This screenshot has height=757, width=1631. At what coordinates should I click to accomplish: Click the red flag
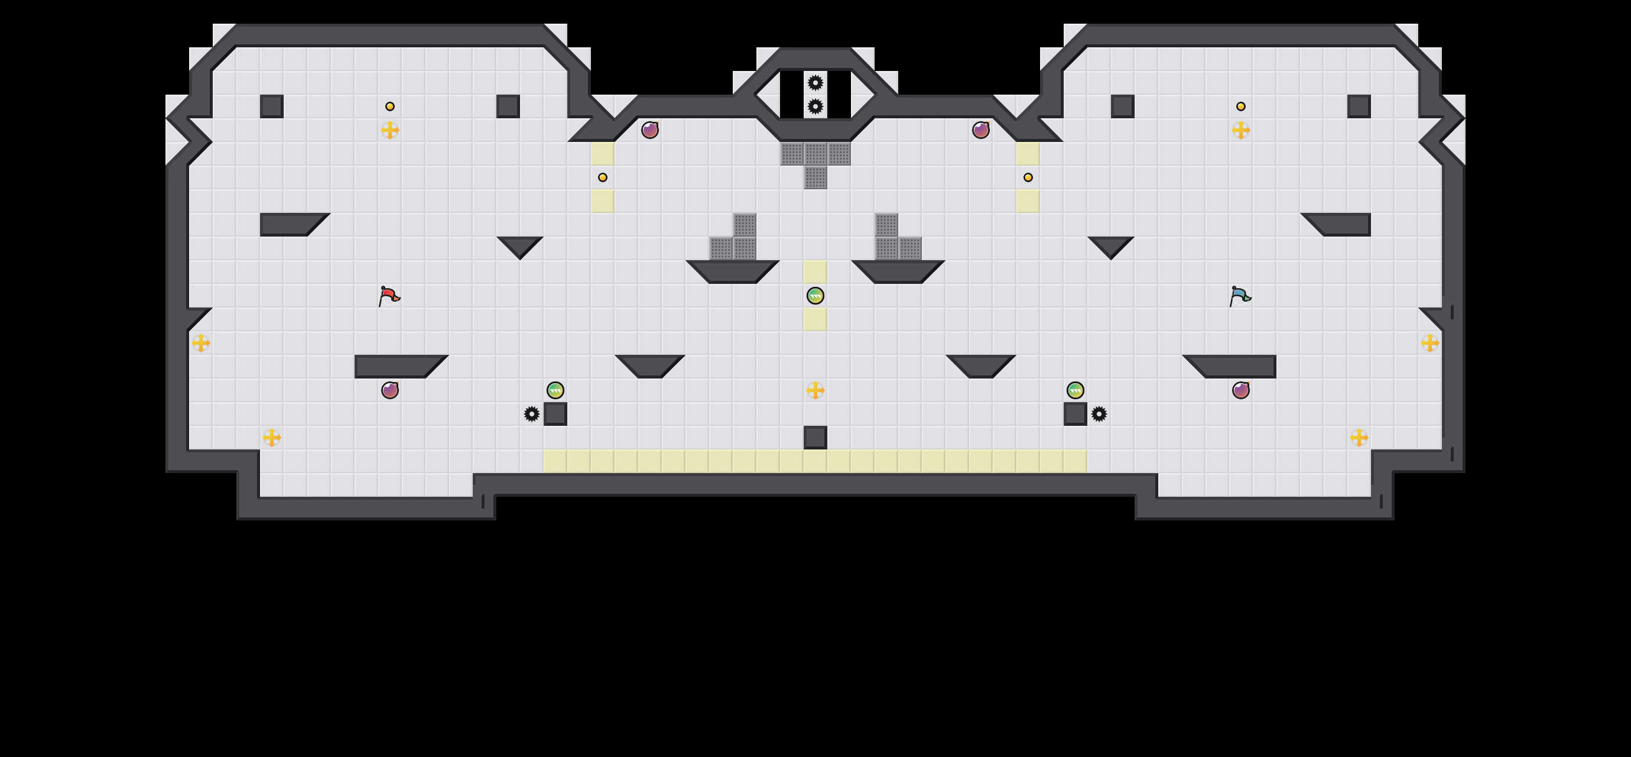389,296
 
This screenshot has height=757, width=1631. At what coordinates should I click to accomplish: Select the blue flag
1240,296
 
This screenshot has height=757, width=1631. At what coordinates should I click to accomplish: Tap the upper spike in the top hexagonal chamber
816,82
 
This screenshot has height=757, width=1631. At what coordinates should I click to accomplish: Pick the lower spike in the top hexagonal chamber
816,106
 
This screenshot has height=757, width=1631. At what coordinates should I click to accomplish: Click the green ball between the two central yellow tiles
816,296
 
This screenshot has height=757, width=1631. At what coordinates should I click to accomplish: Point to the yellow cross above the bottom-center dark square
816,390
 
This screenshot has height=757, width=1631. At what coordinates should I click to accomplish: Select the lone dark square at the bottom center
816,437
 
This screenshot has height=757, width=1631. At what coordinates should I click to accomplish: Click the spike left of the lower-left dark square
532,413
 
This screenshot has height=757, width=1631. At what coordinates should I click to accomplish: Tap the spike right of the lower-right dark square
1099,413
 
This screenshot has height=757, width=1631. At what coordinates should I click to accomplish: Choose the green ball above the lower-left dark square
555,390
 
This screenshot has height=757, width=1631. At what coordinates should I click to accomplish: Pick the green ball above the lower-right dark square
1075,390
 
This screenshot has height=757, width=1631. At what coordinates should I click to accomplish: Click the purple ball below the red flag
390,390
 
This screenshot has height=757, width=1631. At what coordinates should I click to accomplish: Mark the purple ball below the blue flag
1241,390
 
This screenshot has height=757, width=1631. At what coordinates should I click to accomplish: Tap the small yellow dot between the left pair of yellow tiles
603,177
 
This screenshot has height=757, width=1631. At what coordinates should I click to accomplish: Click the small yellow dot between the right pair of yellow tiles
1028,177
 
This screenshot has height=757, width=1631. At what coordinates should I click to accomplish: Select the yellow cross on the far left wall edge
201,342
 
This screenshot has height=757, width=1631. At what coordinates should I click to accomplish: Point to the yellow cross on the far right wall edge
1429,342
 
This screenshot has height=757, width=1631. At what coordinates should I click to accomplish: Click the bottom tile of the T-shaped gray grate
816,177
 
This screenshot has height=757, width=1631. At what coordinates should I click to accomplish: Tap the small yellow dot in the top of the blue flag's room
1241,106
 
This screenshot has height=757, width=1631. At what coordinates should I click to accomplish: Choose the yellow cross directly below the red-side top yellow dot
390,130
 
